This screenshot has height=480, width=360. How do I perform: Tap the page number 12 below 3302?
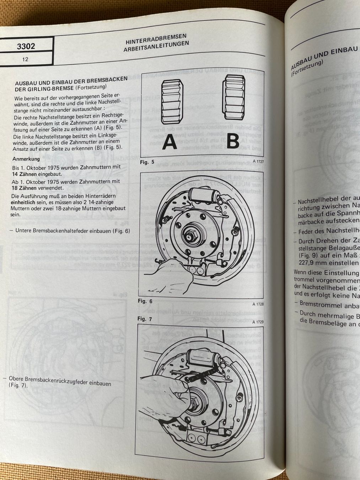(x=25, y=59)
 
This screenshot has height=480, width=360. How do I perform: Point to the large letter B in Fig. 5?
(x=233, y=141)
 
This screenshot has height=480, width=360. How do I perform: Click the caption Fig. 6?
(x=145, y=301)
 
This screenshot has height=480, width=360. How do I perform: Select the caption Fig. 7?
(x=145, y=319)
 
